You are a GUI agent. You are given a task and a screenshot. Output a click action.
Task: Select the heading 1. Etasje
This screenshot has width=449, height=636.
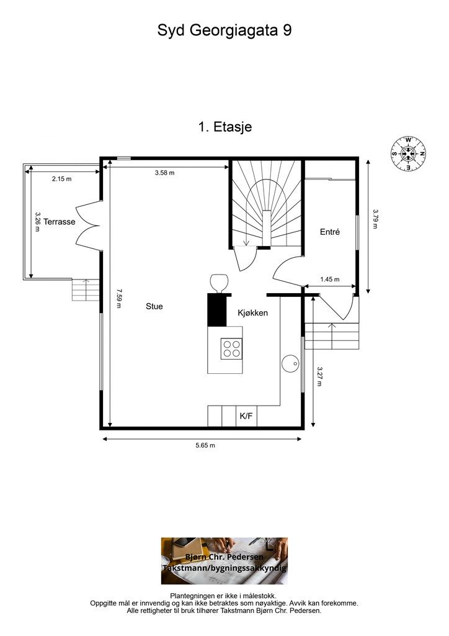[x=225, y=127]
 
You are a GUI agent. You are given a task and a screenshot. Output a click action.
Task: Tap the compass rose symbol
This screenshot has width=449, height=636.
[x=409, y=154]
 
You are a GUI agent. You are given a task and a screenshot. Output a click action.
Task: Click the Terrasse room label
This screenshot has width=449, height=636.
[x=60, y=222]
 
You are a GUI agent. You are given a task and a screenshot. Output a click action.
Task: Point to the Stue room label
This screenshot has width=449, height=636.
[x=154, y=307]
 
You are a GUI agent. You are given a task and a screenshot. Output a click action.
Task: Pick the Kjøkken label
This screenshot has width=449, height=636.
[x=252, y=313]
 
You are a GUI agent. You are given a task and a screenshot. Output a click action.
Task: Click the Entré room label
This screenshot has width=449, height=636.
[x=329, y=232]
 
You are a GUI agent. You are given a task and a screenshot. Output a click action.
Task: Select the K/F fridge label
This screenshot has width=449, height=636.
[x=246, y=416]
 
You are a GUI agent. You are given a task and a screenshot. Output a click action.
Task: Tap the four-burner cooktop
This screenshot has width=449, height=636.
[x=231, y=348]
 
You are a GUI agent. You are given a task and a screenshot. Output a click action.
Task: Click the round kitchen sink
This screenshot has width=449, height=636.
[x=291, y=364]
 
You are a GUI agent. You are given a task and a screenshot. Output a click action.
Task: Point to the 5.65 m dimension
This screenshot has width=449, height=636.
[x=205, y=445]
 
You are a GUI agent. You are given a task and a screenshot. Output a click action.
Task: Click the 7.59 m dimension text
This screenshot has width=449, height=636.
[x=118, y=298]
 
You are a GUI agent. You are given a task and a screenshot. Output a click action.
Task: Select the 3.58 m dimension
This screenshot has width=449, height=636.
[x=165, y=173]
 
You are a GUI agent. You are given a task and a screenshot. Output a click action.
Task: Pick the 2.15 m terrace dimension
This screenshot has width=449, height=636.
[x=61, y=179]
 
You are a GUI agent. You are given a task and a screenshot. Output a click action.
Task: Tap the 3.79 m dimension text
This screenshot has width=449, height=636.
[x=375, y=219]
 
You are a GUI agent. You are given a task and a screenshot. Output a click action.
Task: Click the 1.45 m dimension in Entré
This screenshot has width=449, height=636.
[x=329, y=279]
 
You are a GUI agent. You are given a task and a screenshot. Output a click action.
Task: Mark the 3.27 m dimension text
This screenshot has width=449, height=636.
[x=319, y=377]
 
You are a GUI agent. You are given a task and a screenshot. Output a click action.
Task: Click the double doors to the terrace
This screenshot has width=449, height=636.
[x=89, y=223]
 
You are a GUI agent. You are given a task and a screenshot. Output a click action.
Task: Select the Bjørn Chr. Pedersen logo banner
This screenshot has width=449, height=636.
[x=225, y=561]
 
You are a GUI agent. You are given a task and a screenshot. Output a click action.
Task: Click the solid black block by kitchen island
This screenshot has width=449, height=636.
[x=217, y=309]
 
